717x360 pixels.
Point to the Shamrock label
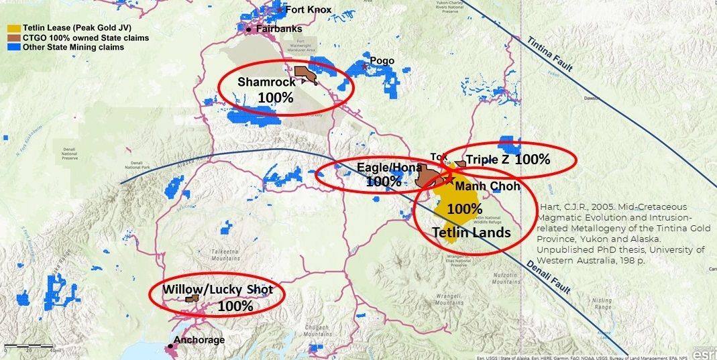pos(266,82)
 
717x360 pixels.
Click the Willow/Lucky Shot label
pos(218,290)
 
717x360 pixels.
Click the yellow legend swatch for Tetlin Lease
pos(13,29)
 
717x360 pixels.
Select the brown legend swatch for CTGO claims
pos(13,38)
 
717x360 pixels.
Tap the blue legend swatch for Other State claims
pos(13,48)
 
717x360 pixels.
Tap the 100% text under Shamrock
pos(275,97)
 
